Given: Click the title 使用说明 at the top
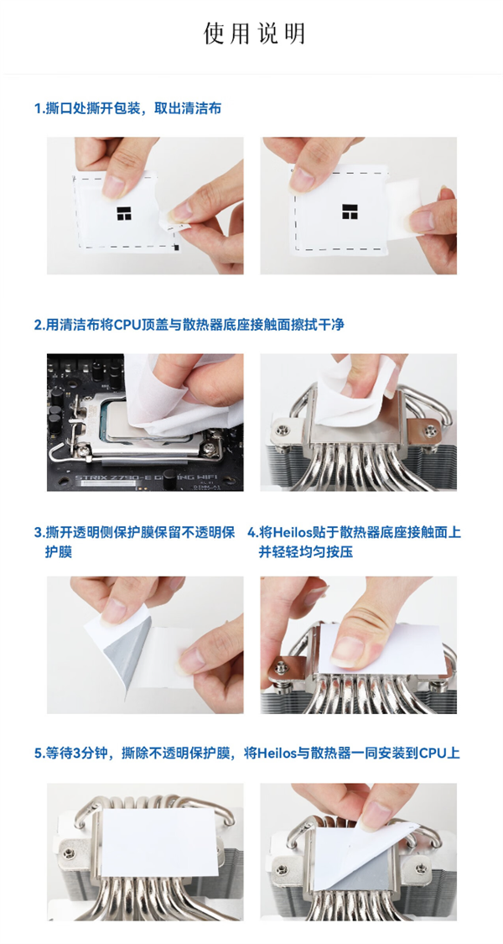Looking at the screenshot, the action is pyautogui.click(x=253, y=33).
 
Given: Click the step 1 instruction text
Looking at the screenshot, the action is pyautogui.click(x=128, y=108).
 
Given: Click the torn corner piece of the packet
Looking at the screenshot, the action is pyautogui.click(x=174, y=225).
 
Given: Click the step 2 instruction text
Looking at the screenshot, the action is pyautogui.click(x=189, y=325).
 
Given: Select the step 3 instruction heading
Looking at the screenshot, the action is pyautogui.click(x=135, y=542).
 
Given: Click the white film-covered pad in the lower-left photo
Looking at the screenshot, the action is pyautogui.click(x=158, y=842).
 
